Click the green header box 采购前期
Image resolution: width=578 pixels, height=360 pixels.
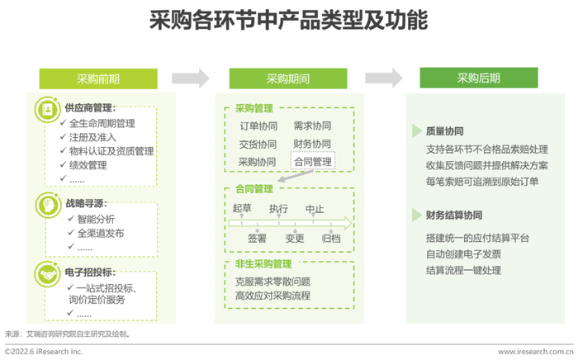pyautogui.click(x=98, y=78)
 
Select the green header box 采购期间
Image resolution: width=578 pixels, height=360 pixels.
pyautogui.click(x=288, y=78)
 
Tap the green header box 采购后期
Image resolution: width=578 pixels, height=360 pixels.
pyautogui.click(x=478, y=78)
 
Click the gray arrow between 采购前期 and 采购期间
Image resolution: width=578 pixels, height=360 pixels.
pyautogui.click(x=191, y=78)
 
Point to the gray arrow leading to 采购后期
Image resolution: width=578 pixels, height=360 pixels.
pyautogui.click(x=384, y=78)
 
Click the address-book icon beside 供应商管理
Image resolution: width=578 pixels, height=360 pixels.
pyautogui.click(x=48, y=110)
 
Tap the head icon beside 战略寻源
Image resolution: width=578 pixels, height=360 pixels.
pyautogui.click(x=48, y=205)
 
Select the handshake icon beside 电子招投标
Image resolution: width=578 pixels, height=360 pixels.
pyautogui.click(x=47, y=274)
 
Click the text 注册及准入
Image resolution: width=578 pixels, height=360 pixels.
pyautogui.click(x=92, y=137)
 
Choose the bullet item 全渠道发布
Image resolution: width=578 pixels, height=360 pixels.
pyautogui.click(x=101, y=233)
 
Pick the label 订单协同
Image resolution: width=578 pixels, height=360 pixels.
pyautogui.click(x=258, y=126)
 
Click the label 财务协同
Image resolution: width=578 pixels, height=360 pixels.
pyautogui.click(x=312, y=144)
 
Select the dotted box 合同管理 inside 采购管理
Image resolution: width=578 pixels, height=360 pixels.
pyautogui.click(x=313, y=161)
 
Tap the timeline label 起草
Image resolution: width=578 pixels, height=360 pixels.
pyautogui.click(x=242, y=208)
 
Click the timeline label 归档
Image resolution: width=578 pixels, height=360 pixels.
pyautogui.click(x=331, y=239)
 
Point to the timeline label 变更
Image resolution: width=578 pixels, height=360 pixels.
pyautogui.click(x=295, y=239)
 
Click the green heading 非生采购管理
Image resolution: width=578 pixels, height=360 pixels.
pyautogui.click(x=263, y=264)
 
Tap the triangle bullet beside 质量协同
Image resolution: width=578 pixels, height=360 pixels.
pyautogui.click(x=417, y=130)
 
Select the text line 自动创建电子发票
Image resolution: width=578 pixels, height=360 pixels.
pyautogui.click(x=463, y=253)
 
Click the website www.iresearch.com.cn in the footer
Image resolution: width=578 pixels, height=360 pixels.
pyautogui.click(x=536, y=352)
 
